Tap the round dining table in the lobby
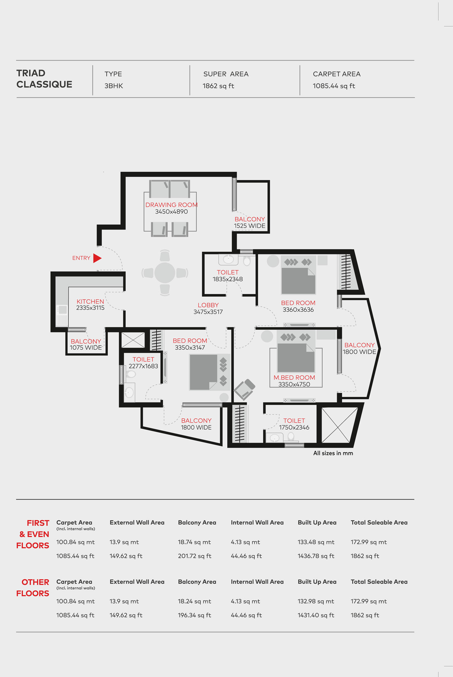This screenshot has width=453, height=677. tap(165, 273)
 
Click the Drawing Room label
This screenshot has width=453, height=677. tap(171, 205)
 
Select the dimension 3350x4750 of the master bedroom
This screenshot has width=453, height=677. tap(294, 384)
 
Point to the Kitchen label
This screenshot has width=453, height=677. tap(90, 301)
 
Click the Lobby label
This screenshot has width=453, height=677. tap(208, 305)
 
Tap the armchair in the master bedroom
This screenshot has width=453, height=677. tap(244, 389)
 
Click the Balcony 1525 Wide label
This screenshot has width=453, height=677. tap(250, 222)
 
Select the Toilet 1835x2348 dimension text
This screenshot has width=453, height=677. tap(227, 279)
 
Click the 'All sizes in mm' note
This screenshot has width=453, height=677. tap(333, 453)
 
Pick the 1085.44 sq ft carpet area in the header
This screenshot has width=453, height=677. tap(334, 86)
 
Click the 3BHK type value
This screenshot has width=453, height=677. tap(114, 86)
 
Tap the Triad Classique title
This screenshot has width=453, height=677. tap(44, 79)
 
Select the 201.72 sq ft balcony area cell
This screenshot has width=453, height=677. tap(194, 556)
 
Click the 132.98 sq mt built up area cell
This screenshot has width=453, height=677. tap(316, 601)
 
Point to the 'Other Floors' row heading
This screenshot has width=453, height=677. tap(33, 588)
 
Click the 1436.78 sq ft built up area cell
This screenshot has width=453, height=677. tap(316, 556)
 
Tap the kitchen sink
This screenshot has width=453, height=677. tap(62, 310)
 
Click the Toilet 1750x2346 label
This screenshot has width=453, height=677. tap(294, 424)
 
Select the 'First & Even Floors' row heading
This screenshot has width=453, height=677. tap(33, 534)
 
